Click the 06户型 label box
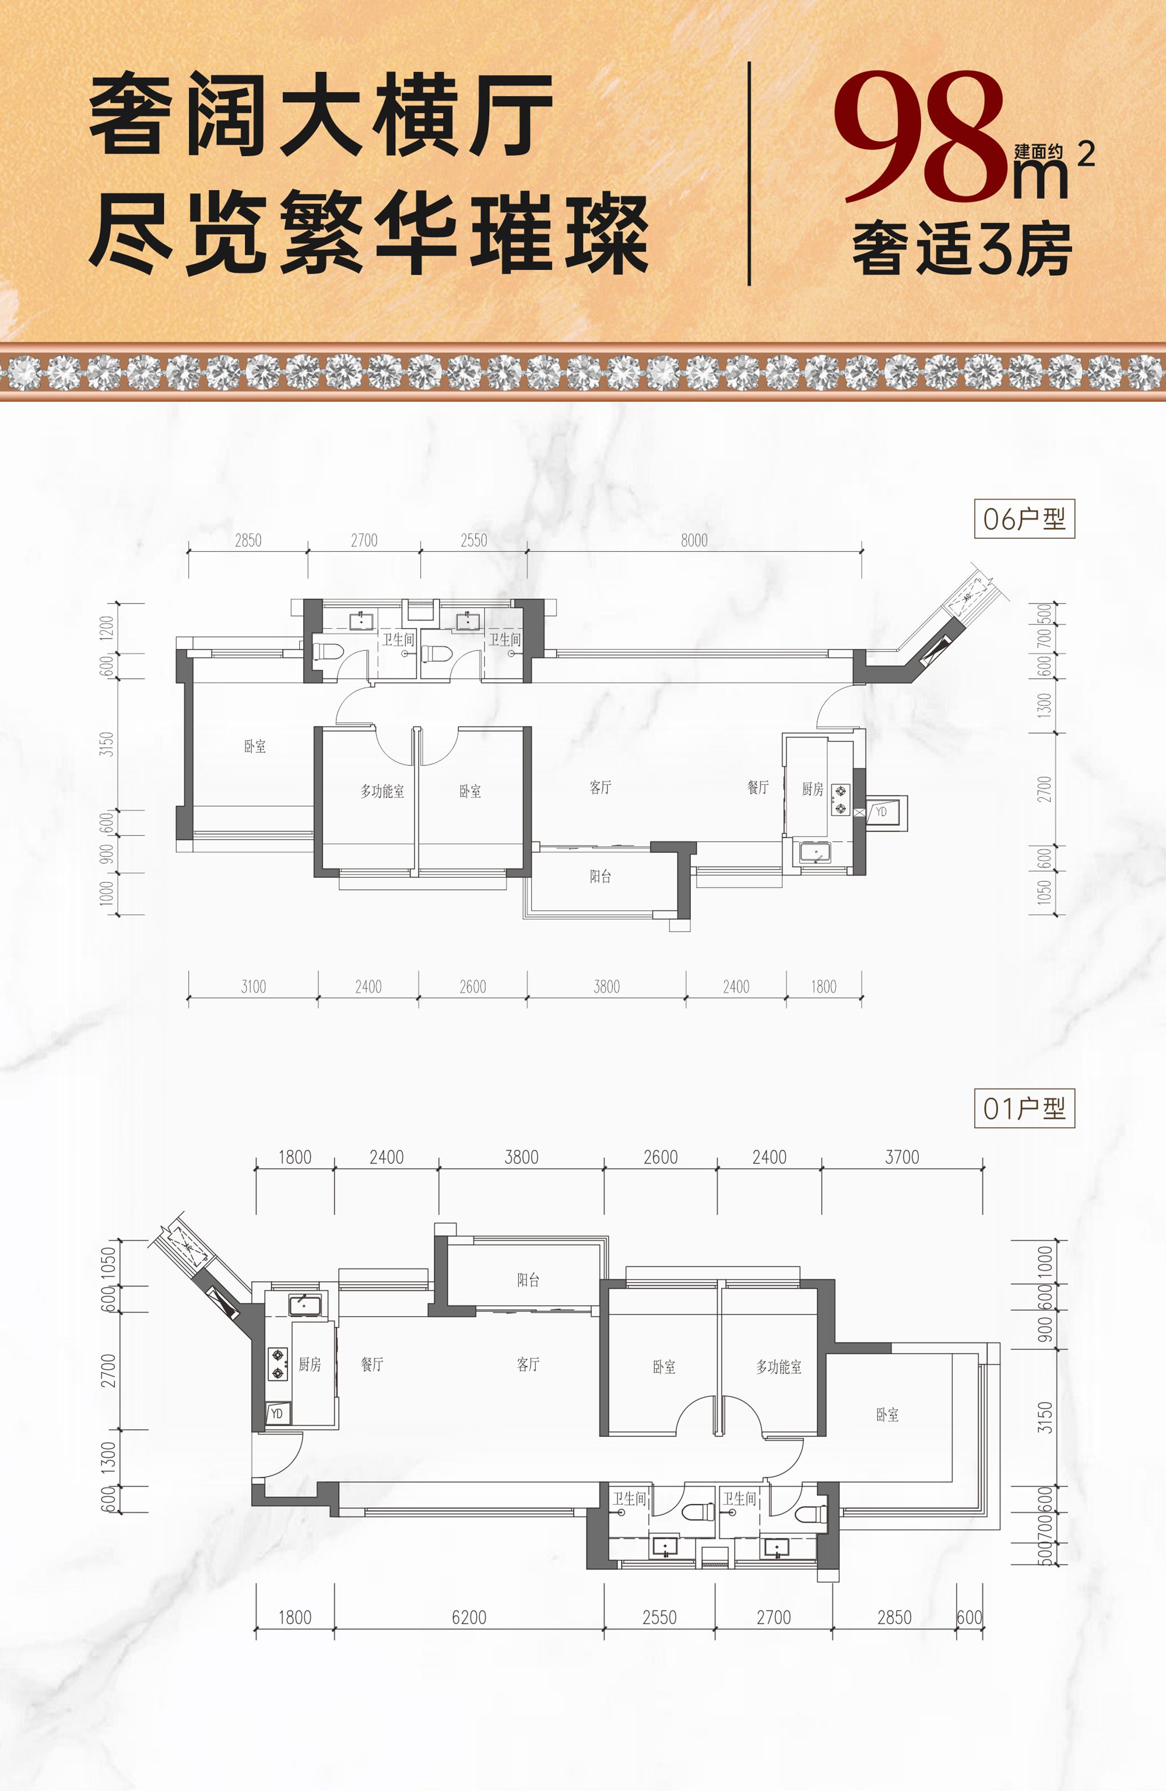coord(1024,518)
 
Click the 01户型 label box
coord(1024,1109)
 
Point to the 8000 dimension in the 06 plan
coord(694,540)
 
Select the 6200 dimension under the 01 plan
coord(469,1617)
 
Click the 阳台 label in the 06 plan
coord(600,876)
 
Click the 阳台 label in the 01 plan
coord(528,1280)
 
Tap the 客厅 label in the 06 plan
coord(600,787)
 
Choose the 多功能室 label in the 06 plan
coord(382,791)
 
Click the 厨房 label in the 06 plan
coord(813,788)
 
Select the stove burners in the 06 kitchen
coord(840,800)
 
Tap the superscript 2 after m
coord(1086,155)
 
